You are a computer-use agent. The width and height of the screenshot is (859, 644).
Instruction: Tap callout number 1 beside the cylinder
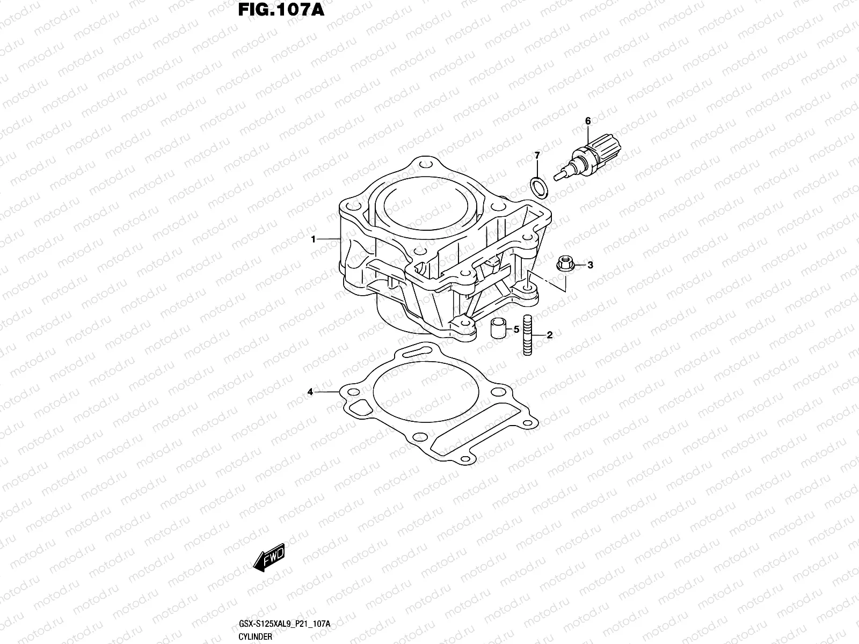[x=314, y=239]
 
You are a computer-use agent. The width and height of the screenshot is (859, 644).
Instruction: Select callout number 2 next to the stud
[x=549, y=335]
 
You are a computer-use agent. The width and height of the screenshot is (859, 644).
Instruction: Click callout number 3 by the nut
[x=590, y=265]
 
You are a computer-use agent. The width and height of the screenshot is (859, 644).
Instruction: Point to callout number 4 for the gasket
[x=310, y=392]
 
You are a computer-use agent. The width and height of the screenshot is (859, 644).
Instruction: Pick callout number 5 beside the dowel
[x=516, y=329]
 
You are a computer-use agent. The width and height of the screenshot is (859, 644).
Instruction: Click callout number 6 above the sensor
[x=588, y=121]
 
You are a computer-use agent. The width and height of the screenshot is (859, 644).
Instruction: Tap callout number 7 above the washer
[x=536, y=156]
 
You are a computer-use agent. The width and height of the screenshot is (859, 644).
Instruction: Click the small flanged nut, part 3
[x=564, y=265]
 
